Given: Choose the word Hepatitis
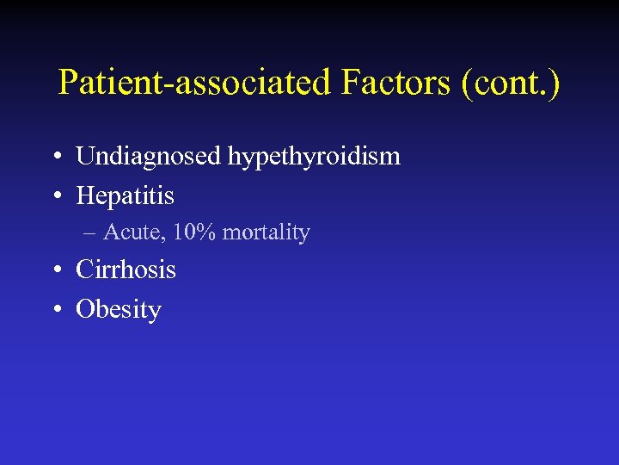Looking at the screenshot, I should point(125,195).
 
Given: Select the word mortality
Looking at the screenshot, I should point(266,232).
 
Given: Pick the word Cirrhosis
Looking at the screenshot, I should point(126,270).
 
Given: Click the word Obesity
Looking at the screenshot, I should point(119,309).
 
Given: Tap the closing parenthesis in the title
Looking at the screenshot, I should point(555,83).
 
